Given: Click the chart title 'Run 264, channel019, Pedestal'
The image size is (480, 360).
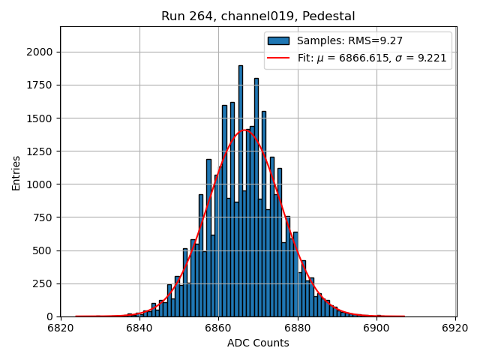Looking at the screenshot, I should click(258, 16).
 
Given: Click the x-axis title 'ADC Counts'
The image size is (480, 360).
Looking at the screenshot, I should click(258, 343).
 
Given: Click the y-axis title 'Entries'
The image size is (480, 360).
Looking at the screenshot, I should click(16, 172).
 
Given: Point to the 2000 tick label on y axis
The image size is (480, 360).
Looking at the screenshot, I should click(41, 52).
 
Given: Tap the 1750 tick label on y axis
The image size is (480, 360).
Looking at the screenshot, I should click(41, 85).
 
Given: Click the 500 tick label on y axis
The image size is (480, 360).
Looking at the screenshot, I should click(45, 250).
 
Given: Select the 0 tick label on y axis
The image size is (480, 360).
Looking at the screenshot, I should click(51, 316).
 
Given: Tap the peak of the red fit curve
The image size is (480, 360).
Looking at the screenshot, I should click(246, 130).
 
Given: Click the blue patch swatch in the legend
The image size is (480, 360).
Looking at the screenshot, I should click(278, 40).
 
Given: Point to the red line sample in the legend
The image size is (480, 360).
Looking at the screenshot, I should click(278, 57).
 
